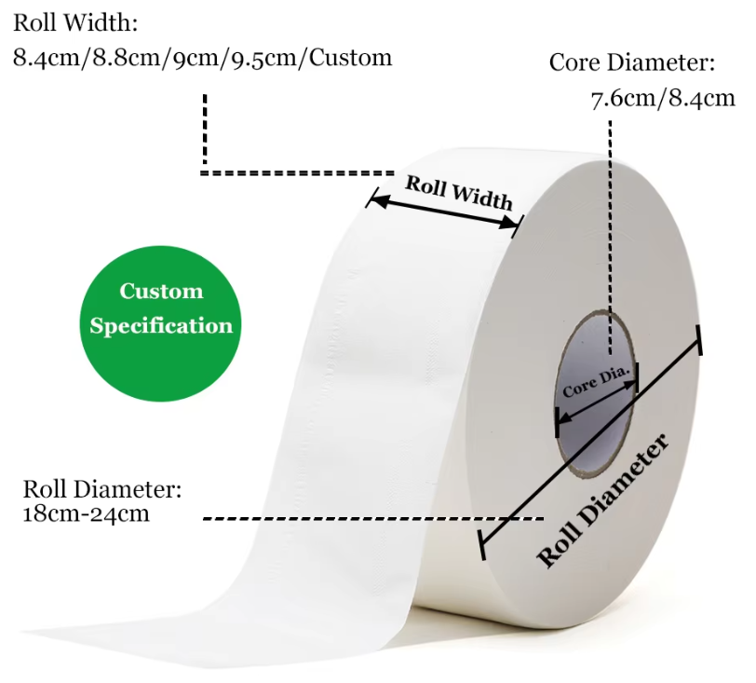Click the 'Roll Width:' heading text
tap(75, 23)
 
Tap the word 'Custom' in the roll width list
tap(350, 58)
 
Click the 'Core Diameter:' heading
tap(632, 62)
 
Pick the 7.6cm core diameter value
tap(624, 99)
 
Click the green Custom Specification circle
tap(160, 323)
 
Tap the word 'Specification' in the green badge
tap(161, 326)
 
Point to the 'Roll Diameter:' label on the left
tap(102, 489)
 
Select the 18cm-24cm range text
tap(87, 513)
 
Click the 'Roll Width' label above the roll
tap(458, 193)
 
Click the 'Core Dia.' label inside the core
tap(597, 381)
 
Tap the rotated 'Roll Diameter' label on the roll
tap(602, 500)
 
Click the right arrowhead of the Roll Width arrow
tap(509, 223)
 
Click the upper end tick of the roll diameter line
tap(698, 340)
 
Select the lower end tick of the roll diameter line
tap(481, 545)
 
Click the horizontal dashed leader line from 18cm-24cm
tap(373, 519)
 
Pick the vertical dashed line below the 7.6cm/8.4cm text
tap(610, 238)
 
